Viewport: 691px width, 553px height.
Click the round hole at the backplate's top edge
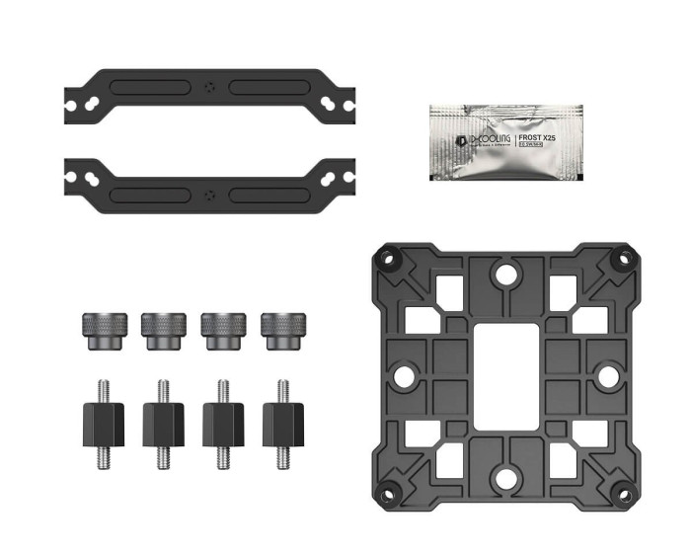click(504, 275)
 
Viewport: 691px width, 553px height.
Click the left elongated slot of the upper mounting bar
click(150, 86)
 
